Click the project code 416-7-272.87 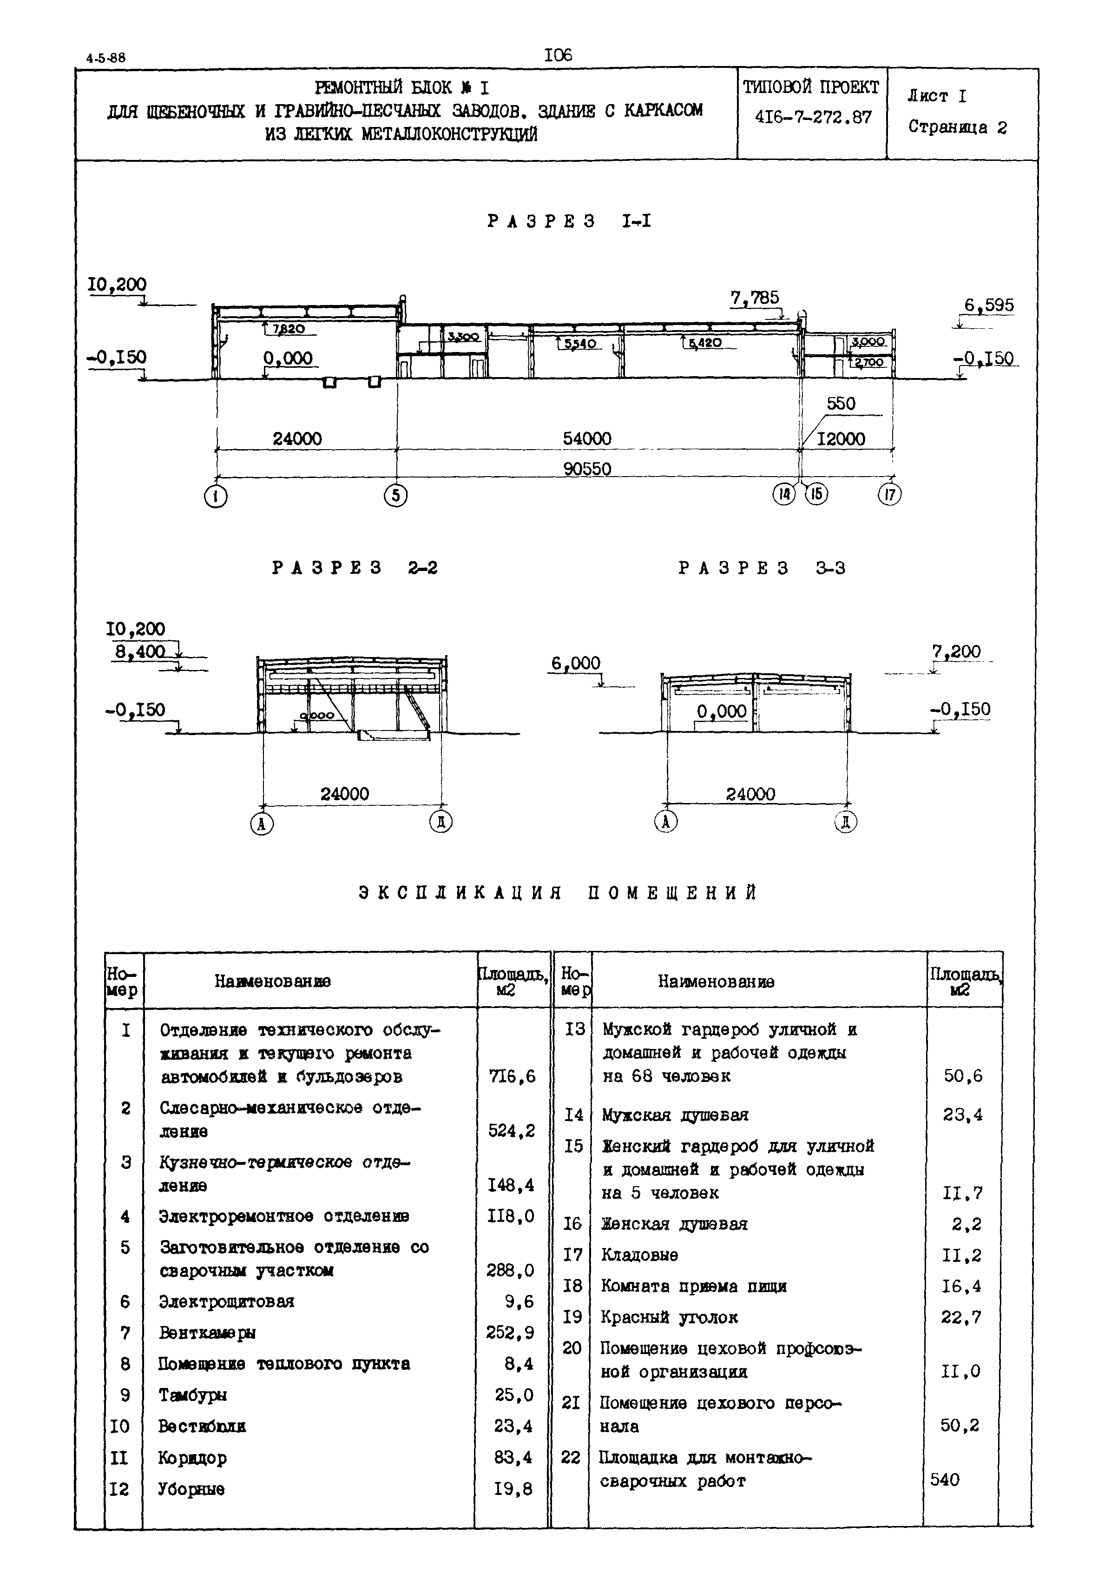[813, 117]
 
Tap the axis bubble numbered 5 [395, 496]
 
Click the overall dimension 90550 [587, 469]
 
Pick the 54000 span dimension [587, 438]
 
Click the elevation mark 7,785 [755, 298]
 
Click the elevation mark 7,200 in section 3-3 [956, 651]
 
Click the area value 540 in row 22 [945, 1480]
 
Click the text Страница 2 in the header [957, 127]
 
